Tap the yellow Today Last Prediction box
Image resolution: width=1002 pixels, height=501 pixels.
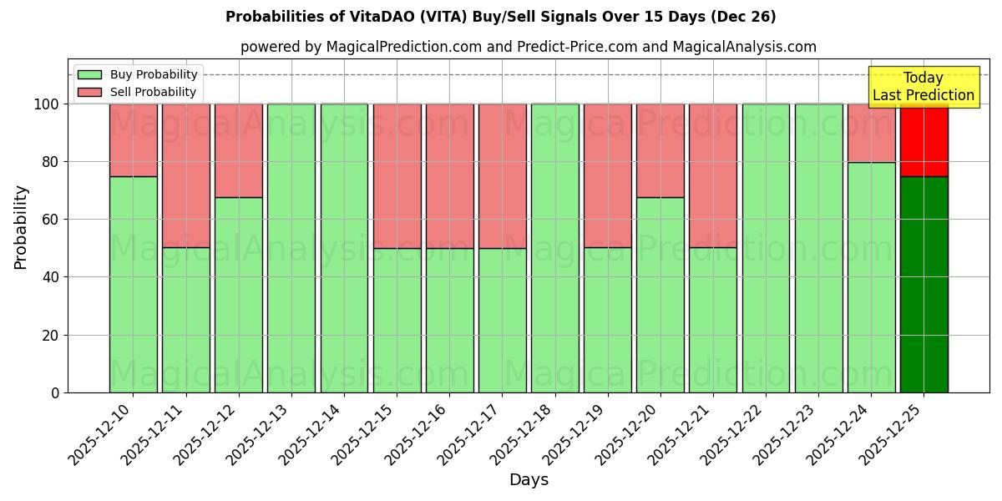[923, 87]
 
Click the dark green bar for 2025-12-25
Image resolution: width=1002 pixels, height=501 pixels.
[924, 284]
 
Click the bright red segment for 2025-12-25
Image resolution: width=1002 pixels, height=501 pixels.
[924, 140]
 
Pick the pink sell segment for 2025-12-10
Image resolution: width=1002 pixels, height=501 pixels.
[133, 139]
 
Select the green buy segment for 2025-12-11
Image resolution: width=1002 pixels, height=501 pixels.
[185, 320]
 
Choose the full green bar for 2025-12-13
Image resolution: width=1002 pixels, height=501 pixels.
[291, 248]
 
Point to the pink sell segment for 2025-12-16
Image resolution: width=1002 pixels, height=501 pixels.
[449, 175]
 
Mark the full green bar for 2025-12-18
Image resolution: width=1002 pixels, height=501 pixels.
[554, 248]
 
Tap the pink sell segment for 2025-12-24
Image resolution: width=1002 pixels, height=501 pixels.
[871, 133]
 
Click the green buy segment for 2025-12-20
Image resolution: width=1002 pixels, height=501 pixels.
[660, 295]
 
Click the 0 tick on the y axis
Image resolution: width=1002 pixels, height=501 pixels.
[54, 392]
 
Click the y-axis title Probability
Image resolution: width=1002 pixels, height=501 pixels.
[21, 227]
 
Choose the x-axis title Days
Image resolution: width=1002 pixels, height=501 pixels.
[529, 480]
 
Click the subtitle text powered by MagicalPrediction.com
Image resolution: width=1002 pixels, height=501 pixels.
[528, 47]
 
